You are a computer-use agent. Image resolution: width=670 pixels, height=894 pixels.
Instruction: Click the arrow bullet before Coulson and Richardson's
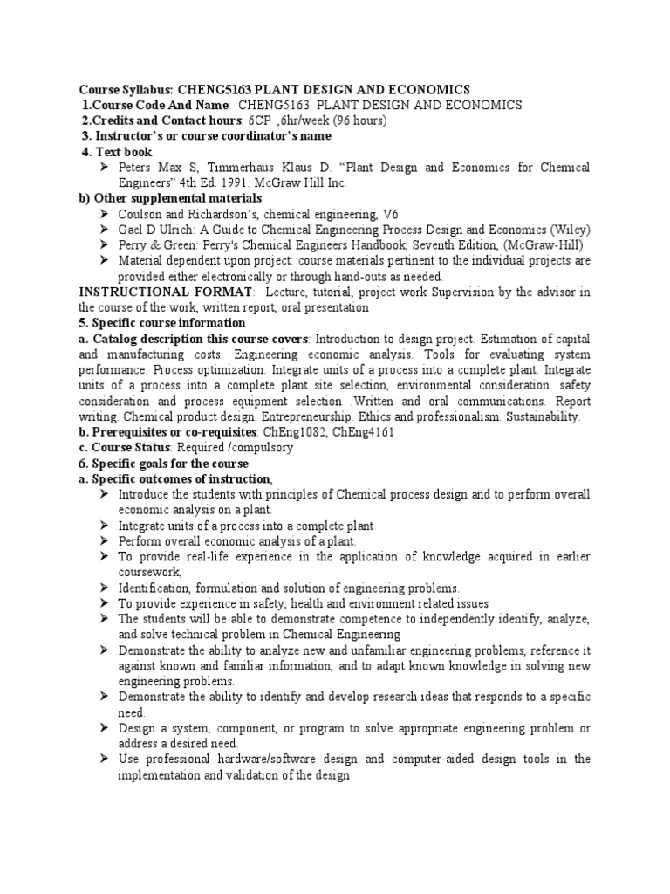(x=104, y=215)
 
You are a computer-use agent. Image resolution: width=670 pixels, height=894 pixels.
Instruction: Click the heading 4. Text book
(x=117, y=152)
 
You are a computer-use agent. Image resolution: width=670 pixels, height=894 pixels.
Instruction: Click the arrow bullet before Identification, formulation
(x=104, y=588)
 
